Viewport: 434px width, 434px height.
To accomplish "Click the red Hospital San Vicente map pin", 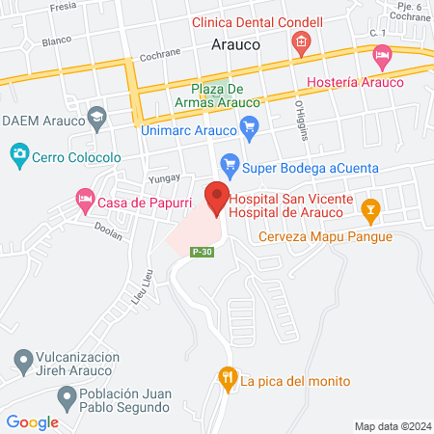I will point(218,197).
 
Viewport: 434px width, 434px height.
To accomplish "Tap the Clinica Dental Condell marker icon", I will point(301,41).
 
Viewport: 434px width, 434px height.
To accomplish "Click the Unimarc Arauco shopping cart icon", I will point(250,125).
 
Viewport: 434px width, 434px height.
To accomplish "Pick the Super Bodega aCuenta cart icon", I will point(229,165).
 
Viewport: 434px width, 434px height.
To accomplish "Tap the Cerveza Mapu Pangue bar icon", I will point(369,208).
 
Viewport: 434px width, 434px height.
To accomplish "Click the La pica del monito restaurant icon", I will point(228,378).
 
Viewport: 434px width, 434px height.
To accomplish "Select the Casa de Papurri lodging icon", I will point(85,202).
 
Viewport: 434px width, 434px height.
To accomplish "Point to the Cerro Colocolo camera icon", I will point(18,153).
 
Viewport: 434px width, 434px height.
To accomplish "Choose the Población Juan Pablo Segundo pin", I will point(67,396).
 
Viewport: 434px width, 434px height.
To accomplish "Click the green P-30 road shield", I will point(201,253).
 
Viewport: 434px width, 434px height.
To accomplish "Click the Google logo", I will point(33,421).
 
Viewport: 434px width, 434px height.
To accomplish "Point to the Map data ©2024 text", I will point(392,426).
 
